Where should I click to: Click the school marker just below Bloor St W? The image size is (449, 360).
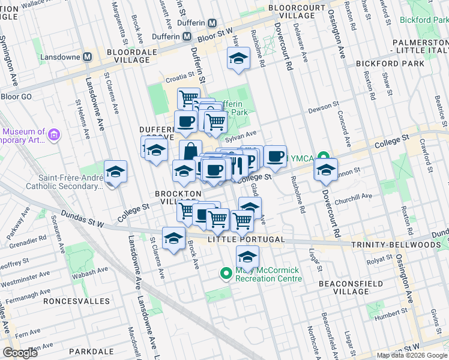[x=238, y=59]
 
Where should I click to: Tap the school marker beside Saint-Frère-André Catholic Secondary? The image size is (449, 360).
[x=115, y=172]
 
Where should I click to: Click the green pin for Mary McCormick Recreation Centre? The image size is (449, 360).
[x=226, y=274]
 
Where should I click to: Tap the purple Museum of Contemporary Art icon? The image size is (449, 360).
[x=55, y=134]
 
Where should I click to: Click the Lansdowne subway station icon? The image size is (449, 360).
[x=88, y=57]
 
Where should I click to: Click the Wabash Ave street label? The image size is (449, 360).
[x=90, y=271]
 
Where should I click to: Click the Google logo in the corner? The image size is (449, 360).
[x=20, y=353]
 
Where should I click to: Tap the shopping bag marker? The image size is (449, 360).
[x=190, y=150]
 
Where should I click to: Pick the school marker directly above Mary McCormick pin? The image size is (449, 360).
[x=247, y=257]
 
